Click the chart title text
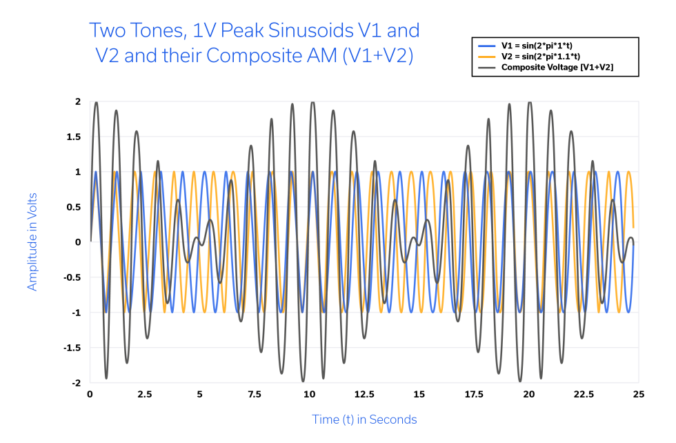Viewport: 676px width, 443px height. (254, 43)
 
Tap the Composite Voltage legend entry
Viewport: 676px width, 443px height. (557, 67)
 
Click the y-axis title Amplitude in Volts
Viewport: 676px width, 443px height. (32, 242)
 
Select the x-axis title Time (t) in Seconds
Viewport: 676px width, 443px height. (364, 420)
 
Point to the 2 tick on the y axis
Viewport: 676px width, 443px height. (78, 101)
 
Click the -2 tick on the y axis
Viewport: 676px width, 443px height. (77, 382)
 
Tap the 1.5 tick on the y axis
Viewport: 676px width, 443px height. (74, 137)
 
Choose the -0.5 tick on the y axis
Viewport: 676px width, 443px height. (72, 277)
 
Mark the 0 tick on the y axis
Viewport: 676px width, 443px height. (78, 242)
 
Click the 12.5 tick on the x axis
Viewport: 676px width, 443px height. (364, 395)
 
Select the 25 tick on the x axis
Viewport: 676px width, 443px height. (638, 395)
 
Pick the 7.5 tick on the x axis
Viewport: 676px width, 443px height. (255, 395)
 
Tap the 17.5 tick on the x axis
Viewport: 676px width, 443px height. (474, 395)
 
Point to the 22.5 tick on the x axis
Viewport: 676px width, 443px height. (584, 395)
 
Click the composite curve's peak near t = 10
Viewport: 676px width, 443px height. (313, 102)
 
